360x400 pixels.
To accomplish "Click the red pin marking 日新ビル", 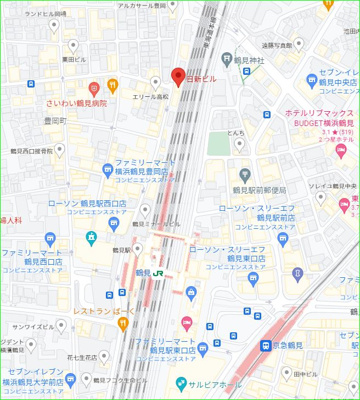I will click(179, 76).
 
